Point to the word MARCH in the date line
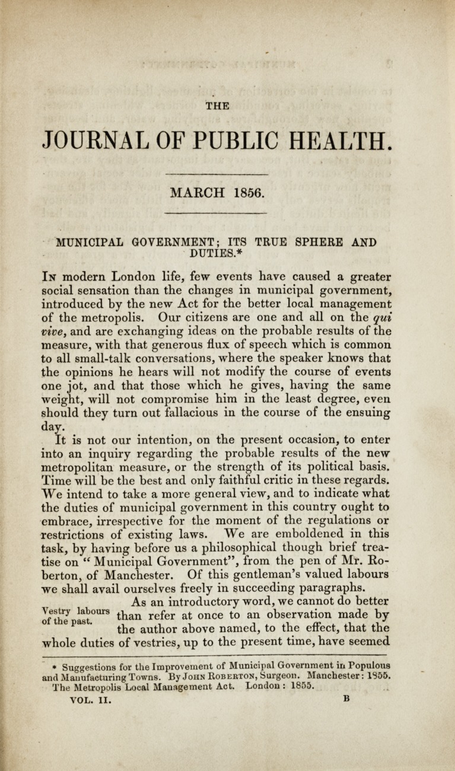point(196,193)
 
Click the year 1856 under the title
point(249,193)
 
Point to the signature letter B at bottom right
point(346,699)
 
